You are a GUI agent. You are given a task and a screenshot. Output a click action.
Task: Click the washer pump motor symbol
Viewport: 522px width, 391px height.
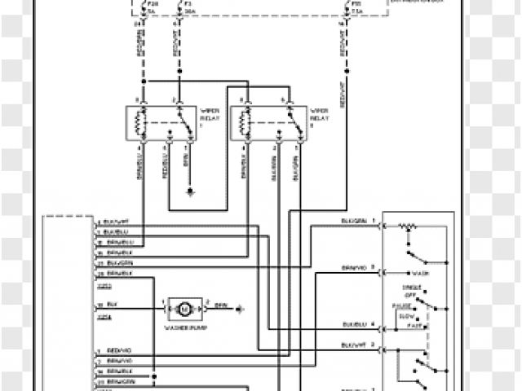[x=184, y=308]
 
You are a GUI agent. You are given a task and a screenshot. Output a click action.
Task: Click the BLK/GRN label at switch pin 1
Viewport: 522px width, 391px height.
[x=352, y=222]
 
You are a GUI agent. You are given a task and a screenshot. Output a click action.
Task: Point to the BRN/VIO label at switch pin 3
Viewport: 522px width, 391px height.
[x=352, y=267]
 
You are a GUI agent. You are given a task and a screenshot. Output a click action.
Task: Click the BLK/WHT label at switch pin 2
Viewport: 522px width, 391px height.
[x=352, y=345]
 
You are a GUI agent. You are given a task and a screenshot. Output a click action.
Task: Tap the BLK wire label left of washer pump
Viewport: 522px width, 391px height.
[x=111, y=304]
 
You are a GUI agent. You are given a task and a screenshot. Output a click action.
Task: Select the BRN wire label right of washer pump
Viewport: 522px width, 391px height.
[x=219, y=304]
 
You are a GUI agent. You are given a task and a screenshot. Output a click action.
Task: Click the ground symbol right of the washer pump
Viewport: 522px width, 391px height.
[x=241, y=308]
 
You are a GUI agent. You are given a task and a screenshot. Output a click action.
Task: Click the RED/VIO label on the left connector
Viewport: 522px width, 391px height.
[x=118, y=350]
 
